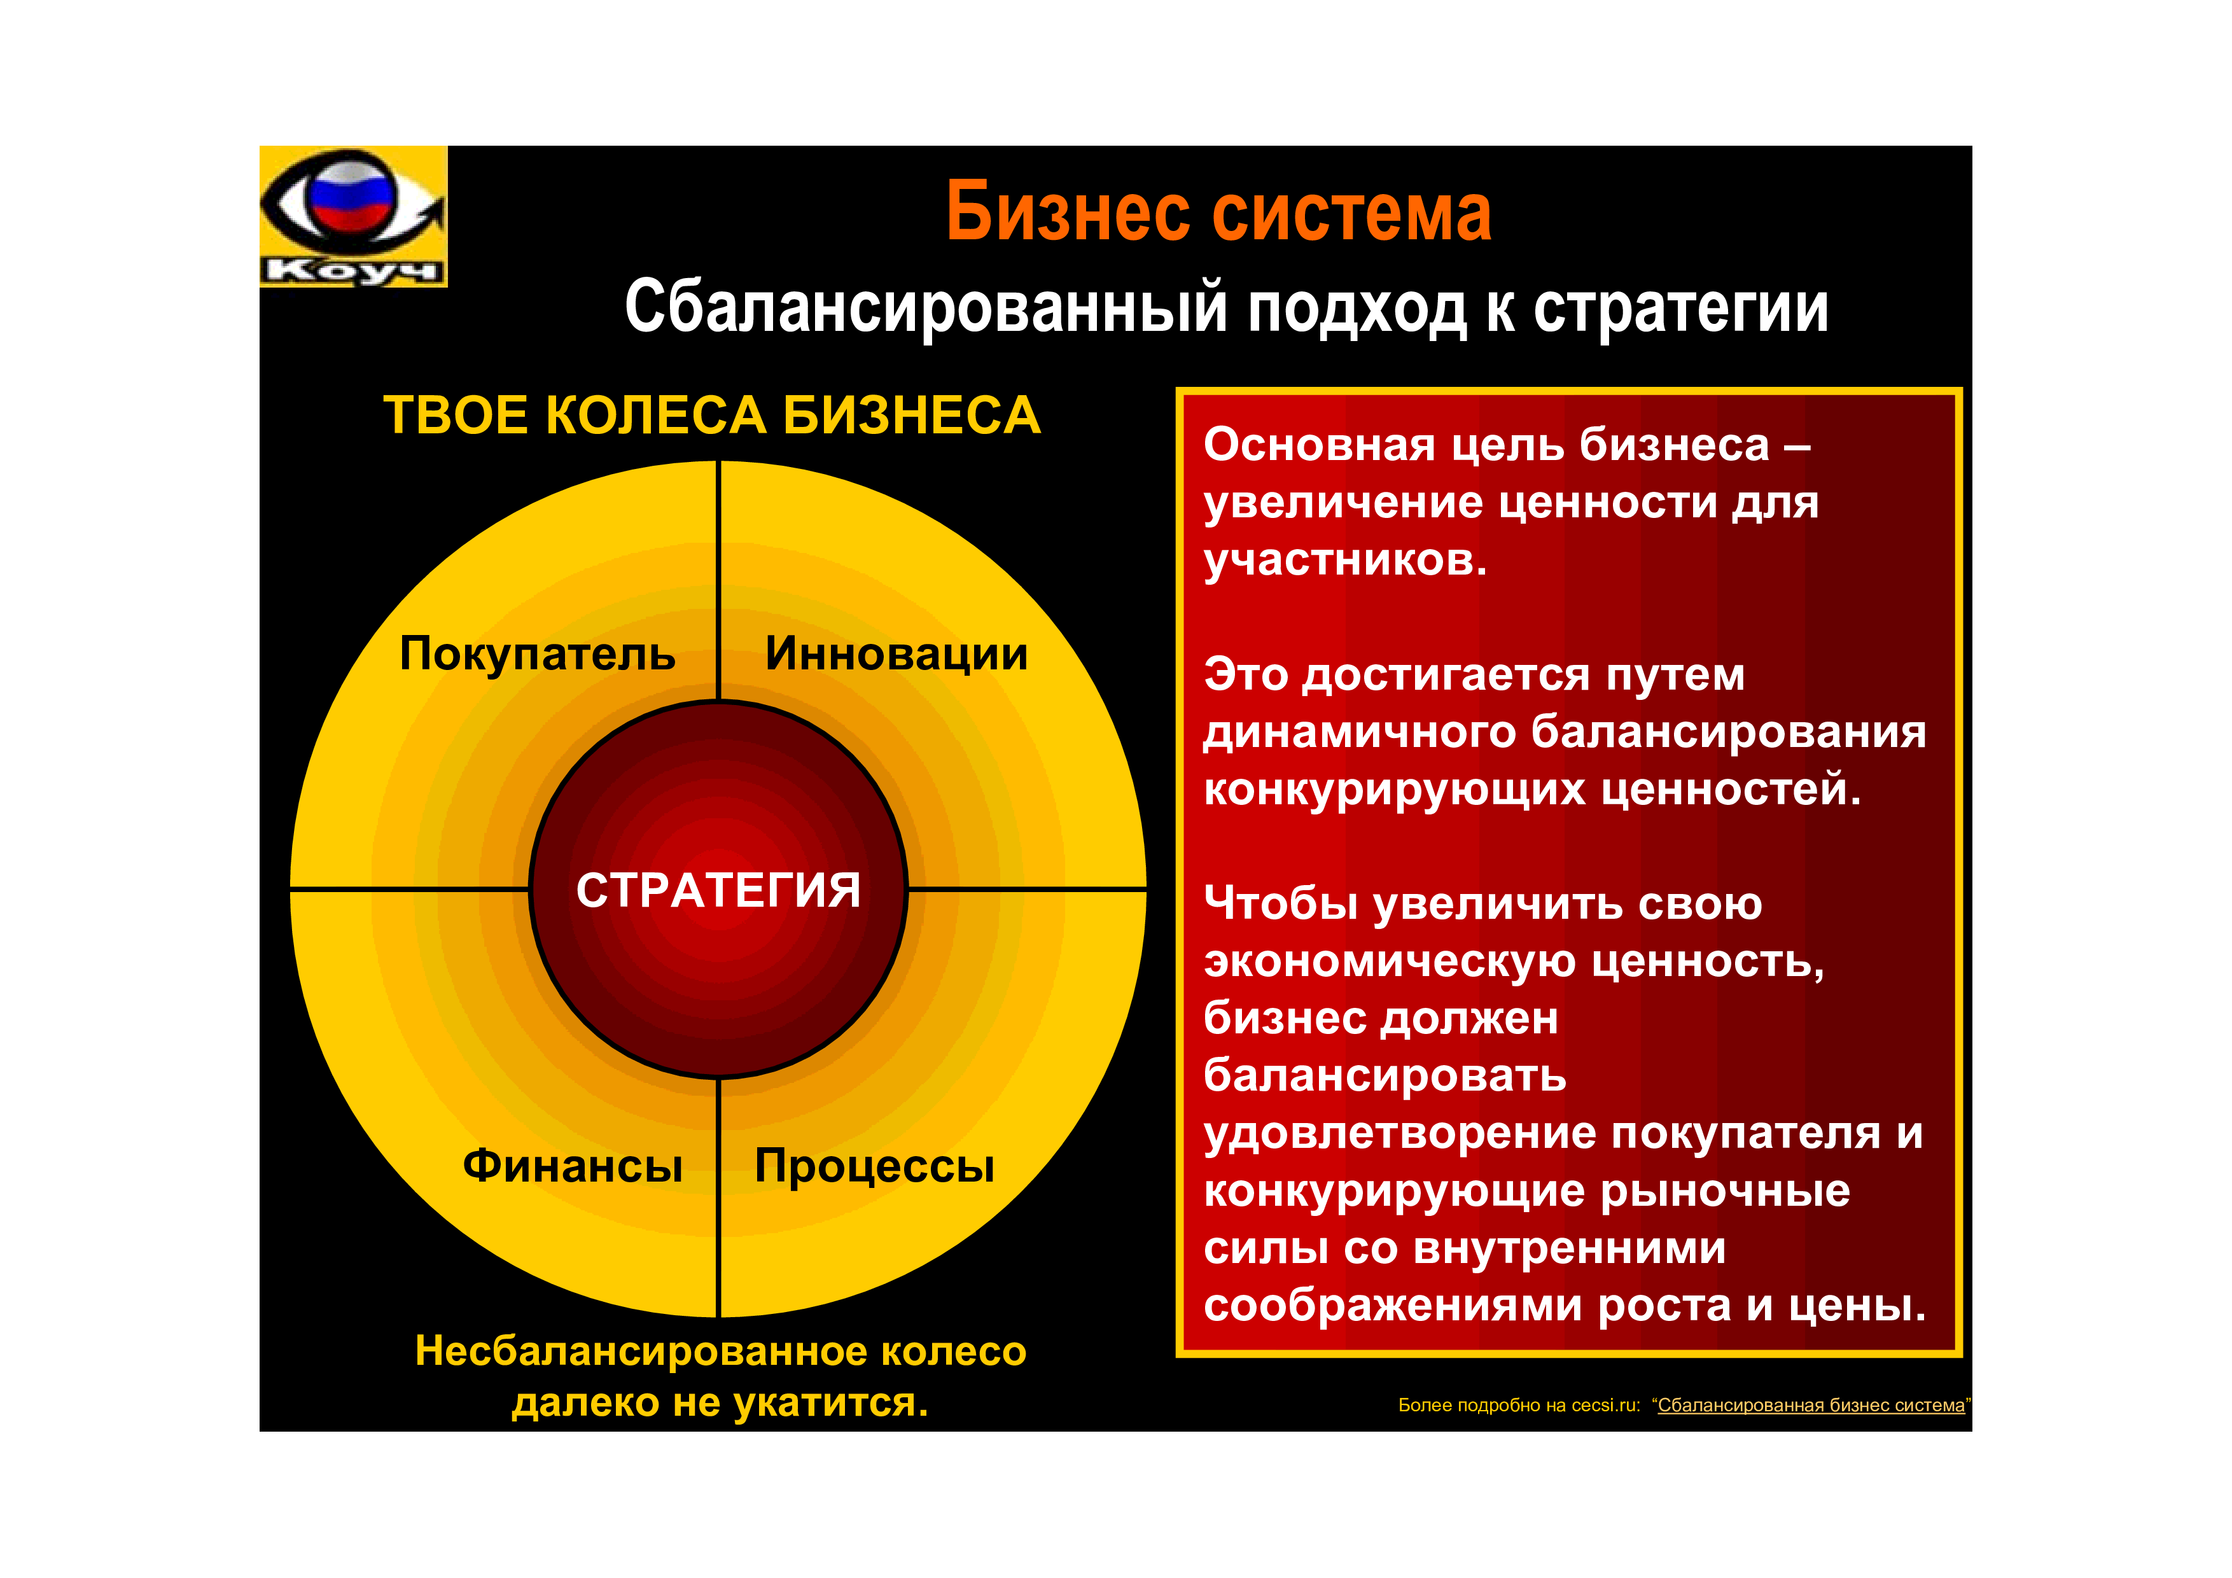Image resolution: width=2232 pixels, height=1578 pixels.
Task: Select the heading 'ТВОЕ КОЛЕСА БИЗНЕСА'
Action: coord(711,415)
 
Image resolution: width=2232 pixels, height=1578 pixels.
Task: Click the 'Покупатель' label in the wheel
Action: coord(538,653)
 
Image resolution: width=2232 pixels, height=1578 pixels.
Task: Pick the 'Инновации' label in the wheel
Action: coord(896,653)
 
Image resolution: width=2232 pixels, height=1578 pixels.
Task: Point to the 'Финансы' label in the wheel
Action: coord(573,1166)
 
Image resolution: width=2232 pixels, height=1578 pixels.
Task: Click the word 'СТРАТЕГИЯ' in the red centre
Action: coord(718,890)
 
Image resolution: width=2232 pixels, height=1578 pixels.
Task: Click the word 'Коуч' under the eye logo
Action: coord(352,270)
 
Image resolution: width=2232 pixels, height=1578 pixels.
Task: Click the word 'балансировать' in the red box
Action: coord(1385,1075)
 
